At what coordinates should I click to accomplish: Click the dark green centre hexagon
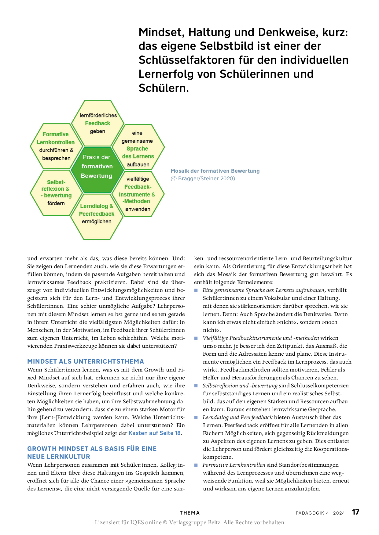click(97, 167)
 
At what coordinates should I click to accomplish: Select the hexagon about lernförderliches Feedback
click(98, 123)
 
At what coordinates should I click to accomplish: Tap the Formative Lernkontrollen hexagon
click(56, 146)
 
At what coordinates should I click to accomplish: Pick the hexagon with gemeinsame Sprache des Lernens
click(138, 149)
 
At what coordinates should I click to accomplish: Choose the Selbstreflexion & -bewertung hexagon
click(56, 192)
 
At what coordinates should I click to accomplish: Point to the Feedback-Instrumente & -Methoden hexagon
click(138, 194)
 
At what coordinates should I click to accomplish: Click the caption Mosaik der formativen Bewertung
click(215, 171)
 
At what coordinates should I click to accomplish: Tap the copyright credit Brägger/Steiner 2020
click(203, 178)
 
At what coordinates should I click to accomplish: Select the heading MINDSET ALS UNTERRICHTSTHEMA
click(86, 361)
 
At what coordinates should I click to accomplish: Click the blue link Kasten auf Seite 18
click(155, 433)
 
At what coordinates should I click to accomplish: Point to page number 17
click(355, 512)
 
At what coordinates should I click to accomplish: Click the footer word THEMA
click(189, 513)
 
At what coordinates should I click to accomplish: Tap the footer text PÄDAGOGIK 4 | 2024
click(320, 513)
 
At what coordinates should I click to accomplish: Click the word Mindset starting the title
click(161, 32)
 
